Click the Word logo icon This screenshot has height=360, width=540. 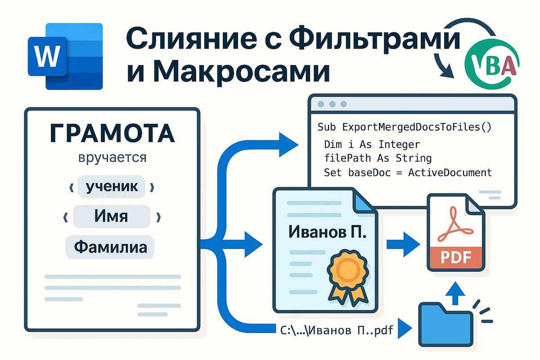click(65, 56)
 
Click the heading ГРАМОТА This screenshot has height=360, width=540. click(112, 134)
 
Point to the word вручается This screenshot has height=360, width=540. click(112, 158)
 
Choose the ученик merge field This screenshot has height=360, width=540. click(111, 186)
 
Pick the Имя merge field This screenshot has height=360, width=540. click(111, 216)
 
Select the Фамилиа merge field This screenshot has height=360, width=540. click(110, 247)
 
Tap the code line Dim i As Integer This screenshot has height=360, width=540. click(372, 144)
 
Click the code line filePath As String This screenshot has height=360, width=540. click(378, 158)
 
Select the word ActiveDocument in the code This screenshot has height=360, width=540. click(450, 172)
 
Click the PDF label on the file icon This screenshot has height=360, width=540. click(455, 257)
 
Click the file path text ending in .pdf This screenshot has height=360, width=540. click(334, 330)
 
